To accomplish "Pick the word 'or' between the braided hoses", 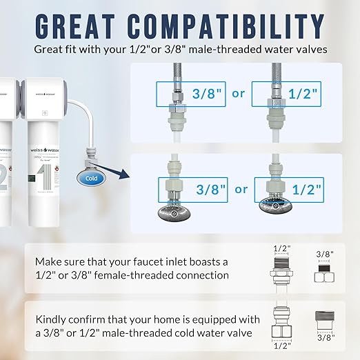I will click(238, 93).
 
